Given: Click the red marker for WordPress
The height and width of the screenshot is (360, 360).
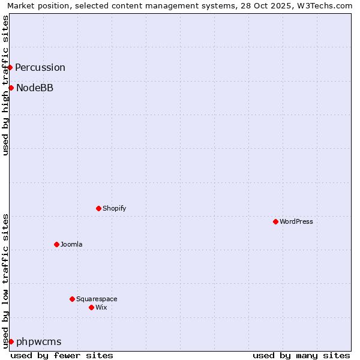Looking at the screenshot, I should [275, 221].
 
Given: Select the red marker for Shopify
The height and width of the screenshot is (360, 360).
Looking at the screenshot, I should [98, 208].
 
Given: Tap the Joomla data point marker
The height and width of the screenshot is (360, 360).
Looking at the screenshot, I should [56, 244].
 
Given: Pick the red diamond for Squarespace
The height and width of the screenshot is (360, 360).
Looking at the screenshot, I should [72, 299].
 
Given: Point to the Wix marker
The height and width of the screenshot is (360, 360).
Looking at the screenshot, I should [91, 307].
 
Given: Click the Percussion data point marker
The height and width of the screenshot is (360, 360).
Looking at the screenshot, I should [10, 67].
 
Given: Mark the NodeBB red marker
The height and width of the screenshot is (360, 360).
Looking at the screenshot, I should [11, 88].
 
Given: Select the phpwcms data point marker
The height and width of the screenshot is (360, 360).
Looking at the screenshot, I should [11, 341].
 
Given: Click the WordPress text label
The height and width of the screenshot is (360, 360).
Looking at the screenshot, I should [296, 221].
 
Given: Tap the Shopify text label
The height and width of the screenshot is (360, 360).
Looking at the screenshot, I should [114, 208].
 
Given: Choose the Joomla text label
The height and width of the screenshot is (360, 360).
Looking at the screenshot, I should [71, 244].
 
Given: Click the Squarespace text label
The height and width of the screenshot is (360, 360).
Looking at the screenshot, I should [97, 299].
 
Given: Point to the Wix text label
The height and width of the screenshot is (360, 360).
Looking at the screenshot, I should [101, 307].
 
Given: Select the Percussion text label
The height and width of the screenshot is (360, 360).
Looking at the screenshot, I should [40, 67].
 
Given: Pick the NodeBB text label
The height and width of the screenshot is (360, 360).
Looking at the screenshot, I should [35, 88].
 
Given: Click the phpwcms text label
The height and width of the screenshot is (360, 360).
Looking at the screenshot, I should [39, 341].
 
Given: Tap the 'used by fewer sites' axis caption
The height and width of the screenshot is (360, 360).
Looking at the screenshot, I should [62, 355].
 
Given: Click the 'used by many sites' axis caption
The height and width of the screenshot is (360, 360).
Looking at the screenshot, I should [301, 355].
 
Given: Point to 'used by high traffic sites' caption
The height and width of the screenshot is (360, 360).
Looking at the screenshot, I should [5, 85].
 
